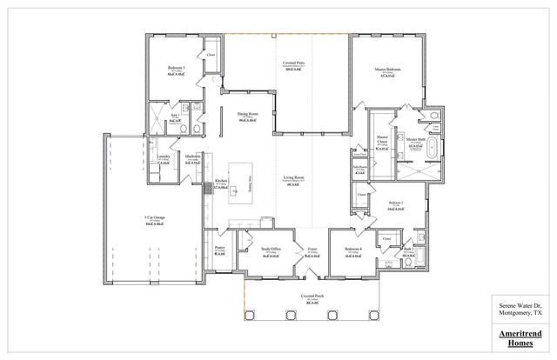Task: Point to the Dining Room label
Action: click(248, 114)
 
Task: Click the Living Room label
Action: click(293, 177)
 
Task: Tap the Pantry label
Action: click(219, 248)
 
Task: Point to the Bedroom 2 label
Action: click(395, 202)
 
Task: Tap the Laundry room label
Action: click(163, 157)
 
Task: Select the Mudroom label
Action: click(192, 157)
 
